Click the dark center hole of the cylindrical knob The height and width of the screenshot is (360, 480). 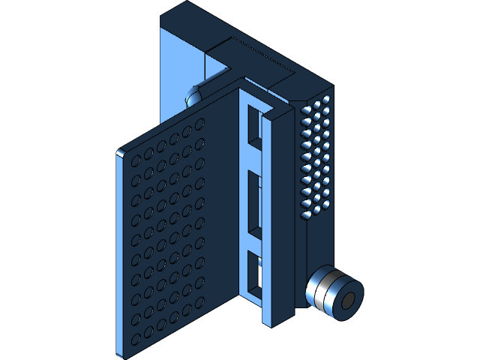click(349, 301)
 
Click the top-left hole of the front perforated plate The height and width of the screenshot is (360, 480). click(135, 160)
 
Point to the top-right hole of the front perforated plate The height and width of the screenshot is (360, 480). click(200, 122)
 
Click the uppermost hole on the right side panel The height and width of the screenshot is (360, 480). click(327, 98)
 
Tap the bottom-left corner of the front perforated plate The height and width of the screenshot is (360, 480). click(118, 353)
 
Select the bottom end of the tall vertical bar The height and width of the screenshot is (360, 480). click(276, 321)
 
